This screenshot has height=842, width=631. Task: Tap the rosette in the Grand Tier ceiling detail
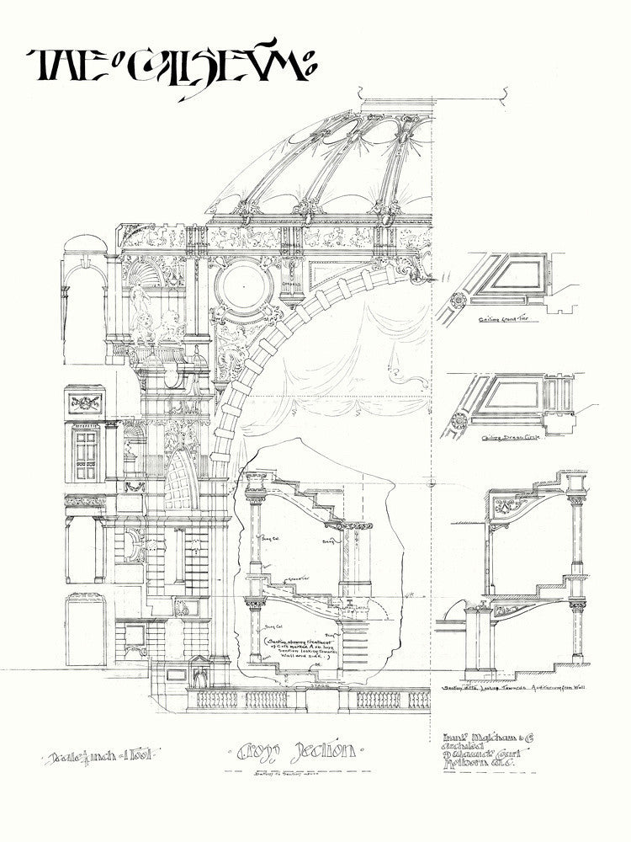click(x=459, y=301)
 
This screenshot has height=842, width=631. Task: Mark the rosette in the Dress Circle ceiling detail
click(x=459, y=418)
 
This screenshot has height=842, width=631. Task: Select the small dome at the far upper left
click(x=84, y=243)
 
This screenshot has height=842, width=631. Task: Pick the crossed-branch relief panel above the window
click(x=86, y=400)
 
